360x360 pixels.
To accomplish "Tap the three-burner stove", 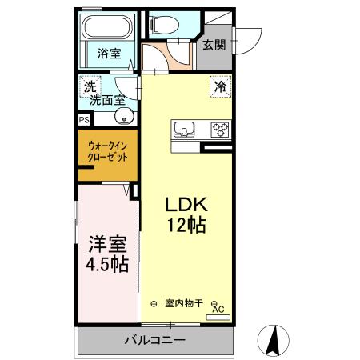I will [x=220, y=128].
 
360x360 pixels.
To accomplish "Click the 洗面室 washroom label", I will [x=106, y=100].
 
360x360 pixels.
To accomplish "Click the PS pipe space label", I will [x=84, y=119].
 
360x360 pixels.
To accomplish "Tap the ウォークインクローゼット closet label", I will [x=107, y=151].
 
